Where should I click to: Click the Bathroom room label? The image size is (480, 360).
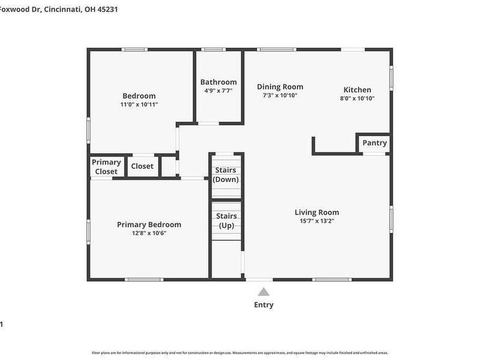(218, 82)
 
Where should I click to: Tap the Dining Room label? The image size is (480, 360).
(280, 87)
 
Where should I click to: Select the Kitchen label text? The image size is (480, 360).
(357, 90)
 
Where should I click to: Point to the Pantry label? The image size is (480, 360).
(375, 143)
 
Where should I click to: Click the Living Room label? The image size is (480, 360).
(317, 212)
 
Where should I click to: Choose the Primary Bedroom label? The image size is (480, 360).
(149, 225)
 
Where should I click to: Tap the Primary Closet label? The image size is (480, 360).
(106, 167)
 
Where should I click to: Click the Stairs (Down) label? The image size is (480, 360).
(226, 175)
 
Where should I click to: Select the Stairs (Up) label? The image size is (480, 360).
(226, 221)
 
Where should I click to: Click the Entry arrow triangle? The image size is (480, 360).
(263, 292)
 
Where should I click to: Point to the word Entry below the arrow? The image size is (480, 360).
(263, 305)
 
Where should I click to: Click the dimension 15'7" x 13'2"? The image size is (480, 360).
(317, 221)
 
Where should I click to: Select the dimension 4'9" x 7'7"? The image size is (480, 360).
(218, 91)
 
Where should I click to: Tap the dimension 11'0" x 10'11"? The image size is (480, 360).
(139, 104)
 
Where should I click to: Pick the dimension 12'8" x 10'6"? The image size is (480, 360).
(149, 233)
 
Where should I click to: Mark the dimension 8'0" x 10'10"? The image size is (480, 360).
(357, 98)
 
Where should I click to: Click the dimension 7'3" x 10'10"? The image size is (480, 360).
(280, 95)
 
